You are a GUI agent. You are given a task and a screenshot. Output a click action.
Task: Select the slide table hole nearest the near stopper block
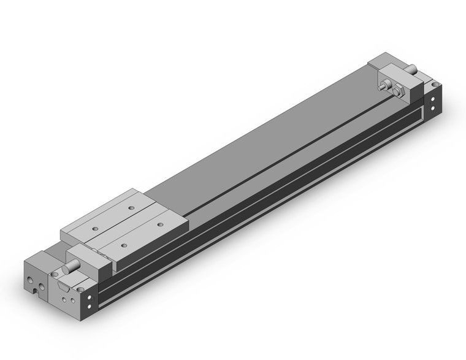pyautogui.click(x=124, y=245)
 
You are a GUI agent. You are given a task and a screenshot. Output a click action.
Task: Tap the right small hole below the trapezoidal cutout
pyautogui.click(x=73, y=301)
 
